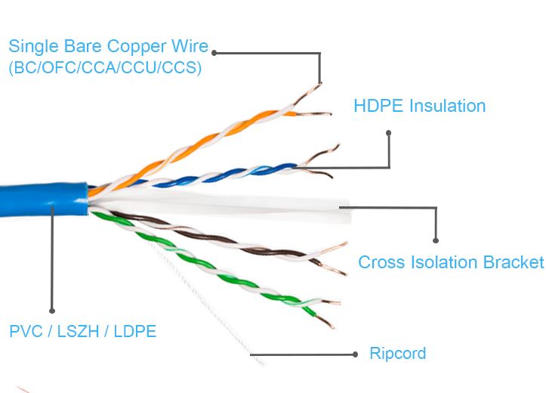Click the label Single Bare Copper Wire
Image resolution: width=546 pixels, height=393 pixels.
[x=108, y=47]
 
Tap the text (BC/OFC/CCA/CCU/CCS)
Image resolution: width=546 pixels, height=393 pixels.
[x=105, y=67]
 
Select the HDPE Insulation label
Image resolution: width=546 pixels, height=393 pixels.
[x=419, y=106]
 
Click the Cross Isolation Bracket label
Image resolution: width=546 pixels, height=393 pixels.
[x=450, y=262]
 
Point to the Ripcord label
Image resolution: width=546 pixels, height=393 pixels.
[x=397, y=353]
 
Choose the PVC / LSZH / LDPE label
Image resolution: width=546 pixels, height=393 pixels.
[x=83, y=331]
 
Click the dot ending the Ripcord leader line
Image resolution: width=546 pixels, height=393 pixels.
[x=355, y=354]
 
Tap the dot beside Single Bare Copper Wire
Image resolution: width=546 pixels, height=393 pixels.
[x=215, y=52]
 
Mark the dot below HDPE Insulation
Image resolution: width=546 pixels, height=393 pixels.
[x=389, y=133]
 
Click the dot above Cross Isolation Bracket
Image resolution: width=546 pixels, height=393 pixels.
[x=436, y=240]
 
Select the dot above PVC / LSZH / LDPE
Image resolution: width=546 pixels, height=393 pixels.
[x=51, y=310]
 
